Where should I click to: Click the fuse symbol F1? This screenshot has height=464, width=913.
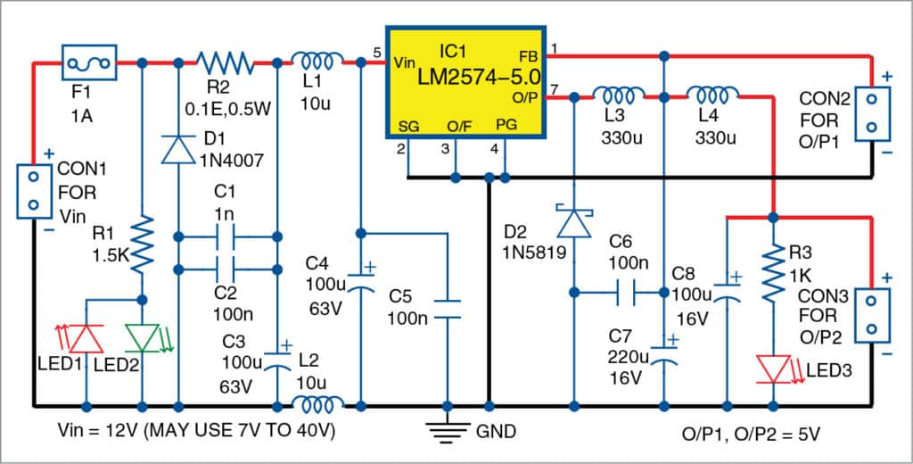[x=89, y=62]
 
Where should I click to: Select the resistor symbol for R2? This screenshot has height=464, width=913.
[x=226, y=62]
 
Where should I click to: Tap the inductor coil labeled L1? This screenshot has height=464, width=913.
[x=319, y=61]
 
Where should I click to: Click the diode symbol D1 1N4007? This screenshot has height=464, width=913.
[x=178, y=148]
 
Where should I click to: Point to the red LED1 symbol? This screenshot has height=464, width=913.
[x=86, y=338]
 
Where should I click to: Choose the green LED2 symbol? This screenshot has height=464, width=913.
[x=143, y=338]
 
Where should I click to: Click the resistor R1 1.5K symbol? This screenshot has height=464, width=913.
[x=143, y=245]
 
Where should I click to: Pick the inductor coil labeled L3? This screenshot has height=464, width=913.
[x=619, y=94]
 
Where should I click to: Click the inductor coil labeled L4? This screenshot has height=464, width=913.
[x=711, y=94]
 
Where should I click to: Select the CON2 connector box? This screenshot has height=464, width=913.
[x=873, y=113]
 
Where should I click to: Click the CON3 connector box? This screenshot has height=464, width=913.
[x=873, y=314]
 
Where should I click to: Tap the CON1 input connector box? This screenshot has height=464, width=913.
[x=33, y=191]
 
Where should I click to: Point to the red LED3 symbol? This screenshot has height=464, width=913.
[x=774, y=368]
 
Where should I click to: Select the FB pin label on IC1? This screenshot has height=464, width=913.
[x=527, y=56]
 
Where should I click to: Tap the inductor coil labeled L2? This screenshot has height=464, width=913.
[x=319, y=405]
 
